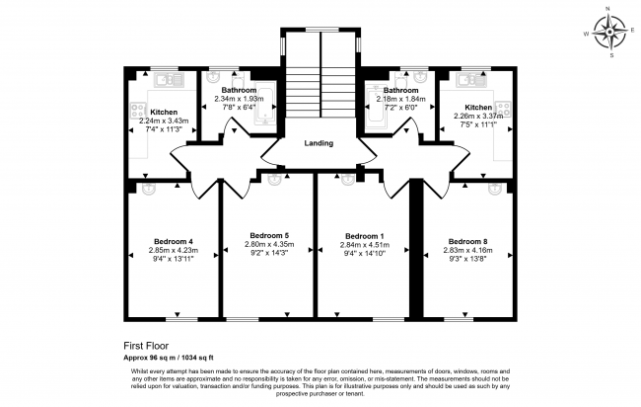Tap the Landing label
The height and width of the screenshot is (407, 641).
(x=319, y=143)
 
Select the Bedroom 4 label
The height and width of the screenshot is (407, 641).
(x=173, y=241)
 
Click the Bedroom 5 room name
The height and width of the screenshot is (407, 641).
(x=268, y=235)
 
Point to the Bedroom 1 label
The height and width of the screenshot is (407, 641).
(x=364, y=236)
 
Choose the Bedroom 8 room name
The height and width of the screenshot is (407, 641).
(x=466, y=241)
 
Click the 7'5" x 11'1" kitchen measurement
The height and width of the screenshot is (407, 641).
(x=472, y=125)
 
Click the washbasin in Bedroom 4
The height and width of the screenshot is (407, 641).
(x=150, y=186)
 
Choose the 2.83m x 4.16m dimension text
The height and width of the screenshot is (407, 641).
(x=466, y=251)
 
